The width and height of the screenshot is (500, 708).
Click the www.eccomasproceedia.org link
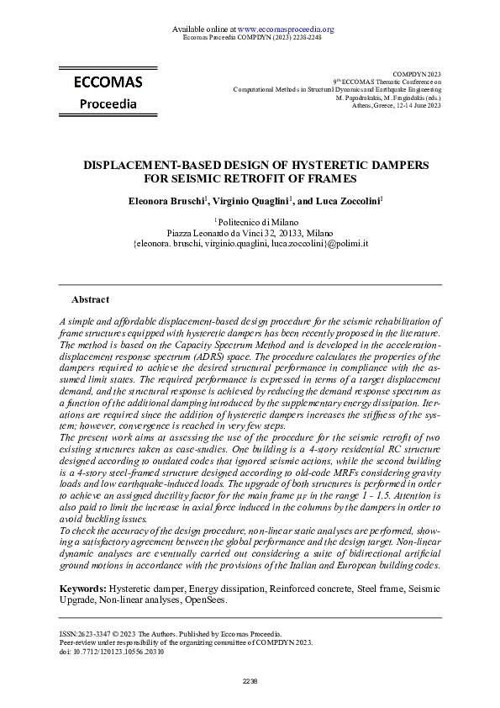click(286, 29)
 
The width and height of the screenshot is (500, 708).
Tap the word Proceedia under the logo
click(108, 104)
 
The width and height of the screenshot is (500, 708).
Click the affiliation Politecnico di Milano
click(251, 221)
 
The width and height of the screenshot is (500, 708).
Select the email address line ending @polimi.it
click(250, 243)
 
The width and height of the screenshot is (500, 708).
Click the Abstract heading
click(90, 299)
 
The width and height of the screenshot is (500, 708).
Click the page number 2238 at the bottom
click(250, 681)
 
